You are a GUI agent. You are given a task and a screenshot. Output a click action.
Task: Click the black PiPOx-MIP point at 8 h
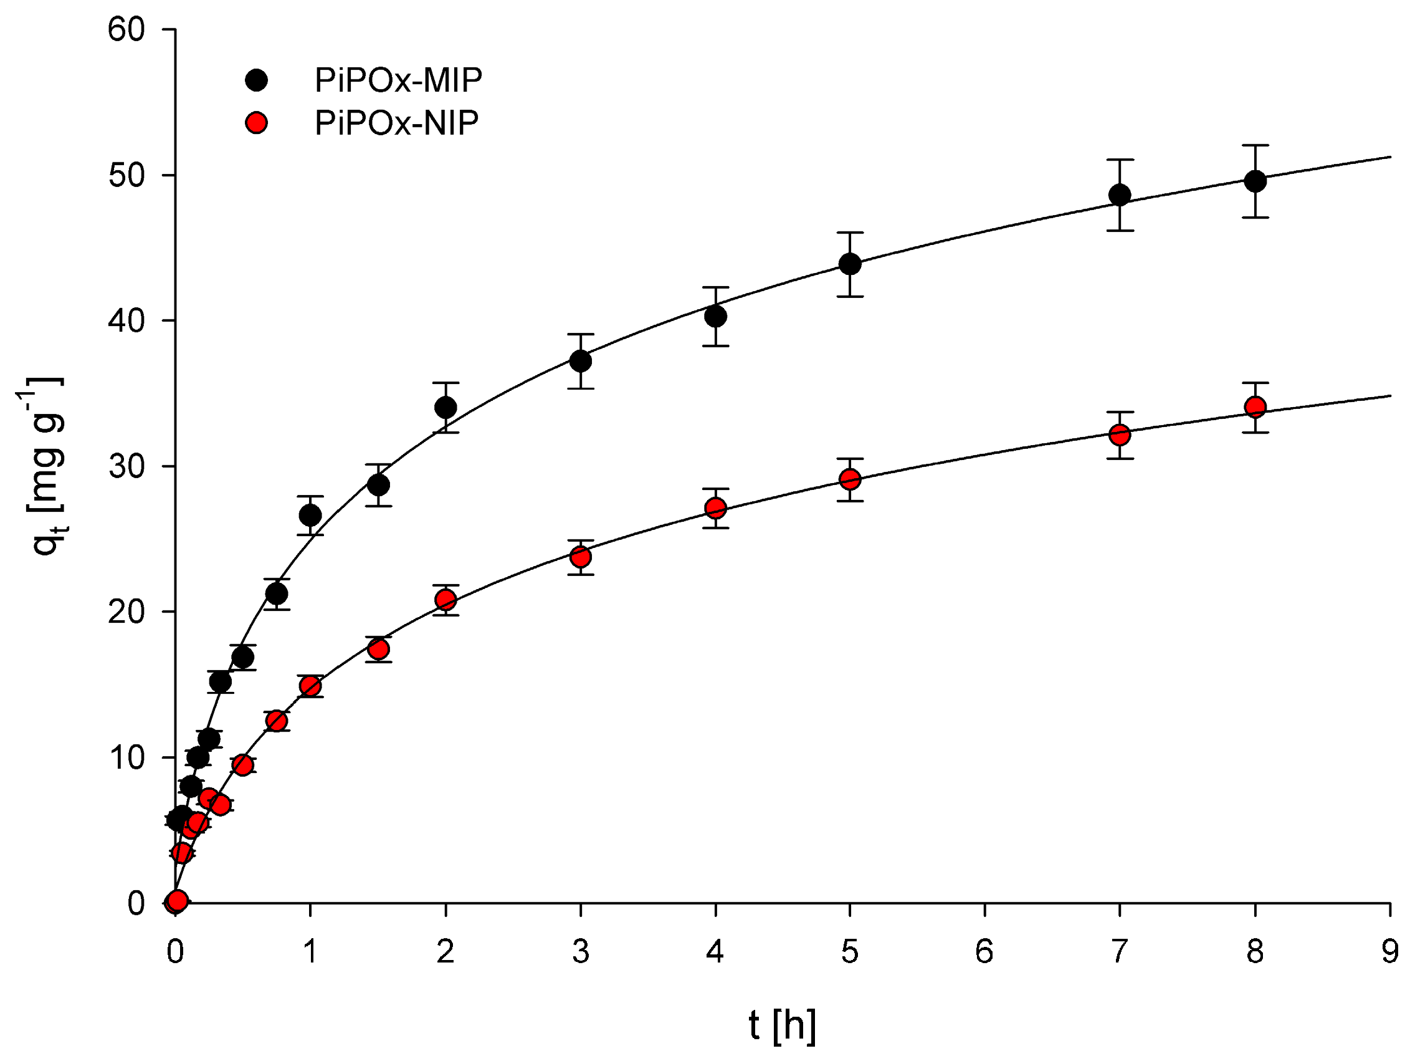tap(1255, 181)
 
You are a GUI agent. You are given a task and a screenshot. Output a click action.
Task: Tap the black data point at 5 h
tap(850, 264)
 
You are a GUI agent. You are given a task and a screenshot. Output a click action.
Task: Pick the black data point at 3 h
tap(580, 362)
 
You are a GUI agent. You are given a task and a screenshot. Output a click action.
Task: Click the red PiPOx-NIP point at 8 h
tap(1255, 407)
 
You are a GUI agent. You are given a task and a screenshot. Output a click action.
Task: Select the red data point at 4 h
tap(715, 508)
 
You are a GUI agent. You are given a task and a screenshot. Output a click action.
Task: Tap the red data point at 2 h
tap(445, 599)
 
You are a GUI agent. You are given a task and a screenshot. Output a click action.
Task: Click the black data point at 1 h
tap(310, 515)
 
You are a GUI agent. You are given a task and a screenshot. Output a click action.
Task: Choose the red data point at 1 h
tap(310, 686)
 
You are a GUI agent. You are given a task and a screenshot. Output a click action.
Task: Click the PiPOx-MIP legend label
tap(398, 80)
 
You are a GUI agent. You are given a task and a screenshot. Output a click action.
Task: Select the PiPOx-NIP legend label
tap(396, 122)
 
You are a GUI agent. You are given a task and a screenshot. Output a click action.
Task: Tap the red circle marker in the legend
tap(256, 122)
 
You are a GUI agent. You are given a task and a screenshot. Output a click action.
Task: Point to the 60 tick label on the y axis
tap(126, 30)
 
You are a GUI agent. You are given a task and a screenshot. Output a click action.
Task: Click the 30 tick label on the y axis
tap(126, 467)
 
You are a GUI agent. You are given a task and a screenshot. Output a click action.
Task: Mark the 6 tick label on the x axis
tap(984, 952)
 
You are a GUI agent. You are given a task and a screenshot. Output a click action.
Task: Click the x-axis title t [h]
tap(782, 1026)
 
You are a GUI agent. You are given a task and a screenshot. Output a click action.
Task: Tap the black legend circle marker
tap(256, 80)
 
